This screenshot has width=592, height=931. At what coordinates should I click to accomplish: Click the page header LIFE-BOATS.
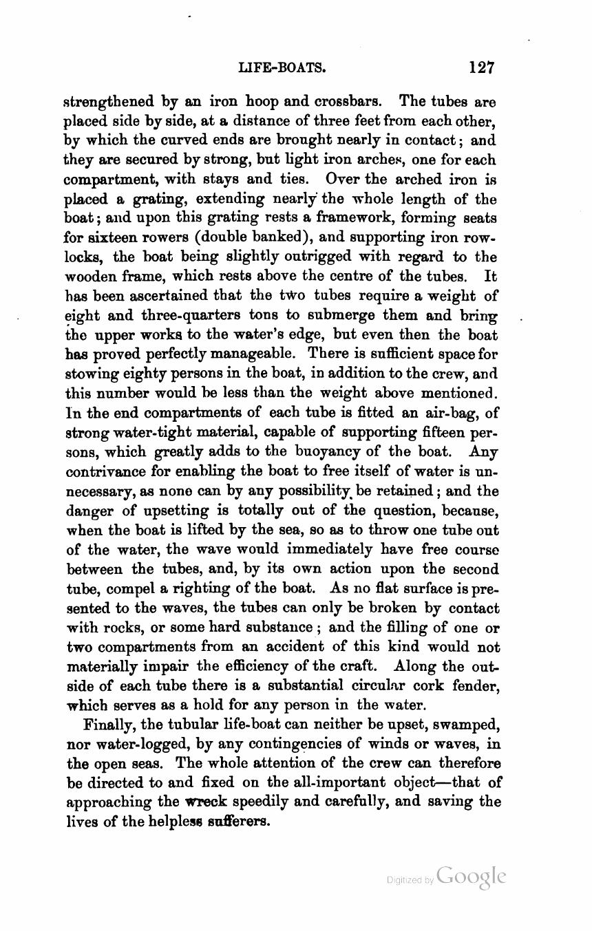point(282,67)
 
